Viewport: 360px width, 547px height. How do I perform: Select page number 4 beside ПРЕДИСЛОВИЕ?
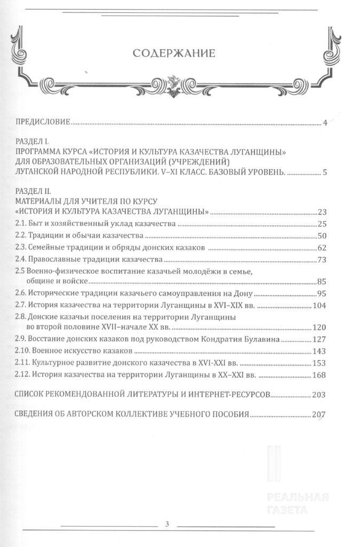(x=325, y=123)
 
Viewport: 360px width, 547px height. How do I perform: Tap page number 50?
(x=322, y=236)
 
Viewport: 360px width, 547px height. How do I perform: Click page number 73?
(x=322, y=260)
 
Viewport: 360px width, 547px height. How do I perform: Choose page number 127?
(x=320, y=339)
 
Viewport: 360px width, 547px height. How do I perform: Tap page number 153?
(x=320, y=363)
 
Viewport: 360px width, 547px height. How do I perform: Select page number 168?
(x=320, y=376)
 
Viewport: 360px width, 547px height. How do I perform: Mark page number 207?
(x=320, y=415)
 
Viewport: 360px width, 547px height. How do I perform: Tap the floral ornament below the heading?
(x=173, y=84)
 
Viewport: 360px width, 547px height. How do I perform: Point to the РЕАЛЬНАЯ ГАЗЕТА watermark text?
(x=298, y=503)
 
